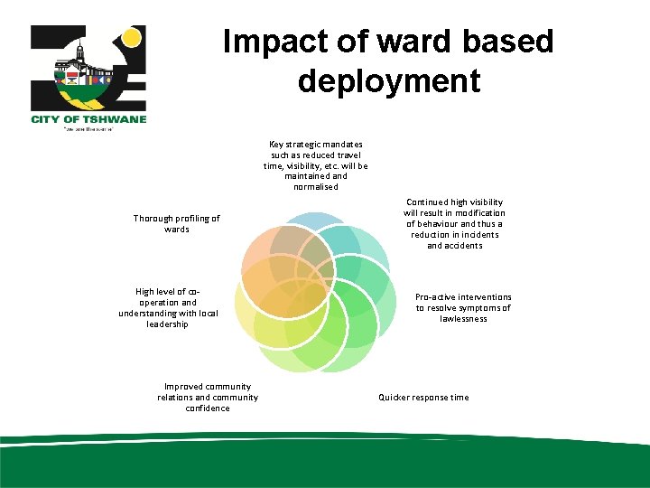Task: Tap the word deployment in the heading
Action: click(388, 81)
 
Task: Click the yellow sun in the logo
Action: click(132, 39)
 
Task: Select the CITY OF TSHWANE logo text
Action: click(88, 118)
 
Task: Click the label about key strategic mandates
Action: click(315, 165)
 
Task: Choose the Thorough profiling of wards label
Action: click(177, 223)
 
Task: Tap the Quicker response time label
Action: click(423, 398)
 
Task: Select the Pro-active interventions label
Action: click(463, 307)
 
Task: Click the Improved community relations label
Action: click(208, 398)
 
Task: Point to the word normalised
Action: click(315, 187)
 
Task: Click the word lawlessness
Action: click(463, 318)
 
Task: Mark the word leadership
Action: click(168, 324)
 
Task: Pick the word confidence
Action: click(208, 408)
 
